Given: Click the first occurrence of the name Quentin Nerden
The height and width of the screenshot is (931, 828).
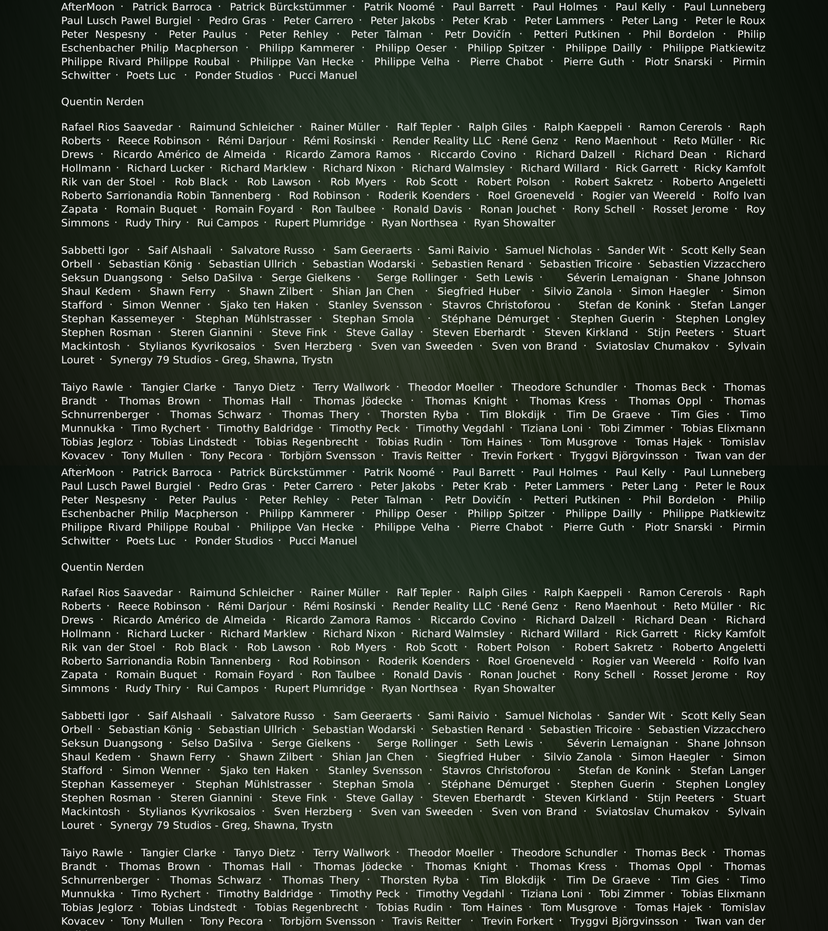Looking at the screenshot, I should coord(102,102).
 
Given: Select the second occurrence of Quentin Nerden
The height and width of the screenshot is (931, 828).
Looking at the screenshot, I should coord(102,567).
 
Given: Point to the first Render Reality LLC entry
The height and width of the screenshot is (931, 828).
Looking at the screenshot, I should coord(442,141).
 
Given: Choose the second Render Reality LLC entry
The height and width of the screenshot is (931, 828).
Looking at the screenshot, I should coord(442,606).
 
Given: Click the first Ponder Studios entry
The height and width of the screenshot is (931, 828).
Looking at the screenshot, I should coord(234,76).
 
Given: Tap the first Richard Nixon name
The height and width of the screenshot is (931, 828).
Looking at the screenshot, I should coord(359,168).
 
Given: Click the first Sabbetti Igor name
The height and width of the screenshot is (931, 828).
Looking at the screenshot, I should coord(95,251).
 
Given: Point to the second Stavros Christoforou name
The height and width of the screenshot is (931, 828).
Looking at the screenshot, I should coord(496,771).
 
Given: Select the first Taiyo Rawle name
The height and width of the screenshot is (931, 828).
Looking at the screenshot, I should coord(92,387).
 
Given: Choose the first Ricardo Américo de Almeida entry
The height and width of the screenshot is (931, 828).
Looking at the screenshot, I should coord(189,154).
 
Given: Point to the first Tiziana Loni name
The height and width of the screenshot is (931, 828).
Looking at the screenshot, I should coord(551,428).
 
